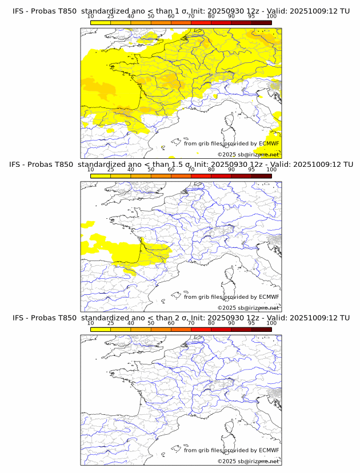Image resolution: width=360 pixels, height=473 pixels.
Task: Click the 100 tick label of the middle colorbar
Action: coord(271,170)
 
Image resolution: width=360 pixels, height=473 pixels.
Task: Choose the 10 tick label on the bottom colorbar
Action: coord(91,323)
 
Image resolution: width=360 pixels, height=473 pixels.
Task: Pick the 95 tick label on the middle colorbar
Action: coord(251,170)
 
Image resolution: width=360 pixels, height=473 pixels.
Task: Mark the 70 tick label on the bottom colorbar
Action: coord(191,323)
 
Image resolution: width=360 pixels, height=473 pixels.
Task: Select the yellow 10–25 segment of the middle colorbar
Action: coord(101,175)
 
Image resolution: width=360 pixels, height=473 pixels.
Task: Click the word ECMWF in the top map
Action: coord(269,143)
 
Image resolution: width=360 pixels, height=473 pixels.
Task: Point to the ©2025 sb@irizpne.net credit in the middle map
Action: coord(248,308)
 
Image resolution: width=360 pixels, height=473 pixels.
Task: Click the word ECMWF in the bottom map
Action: coord(269,450)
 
